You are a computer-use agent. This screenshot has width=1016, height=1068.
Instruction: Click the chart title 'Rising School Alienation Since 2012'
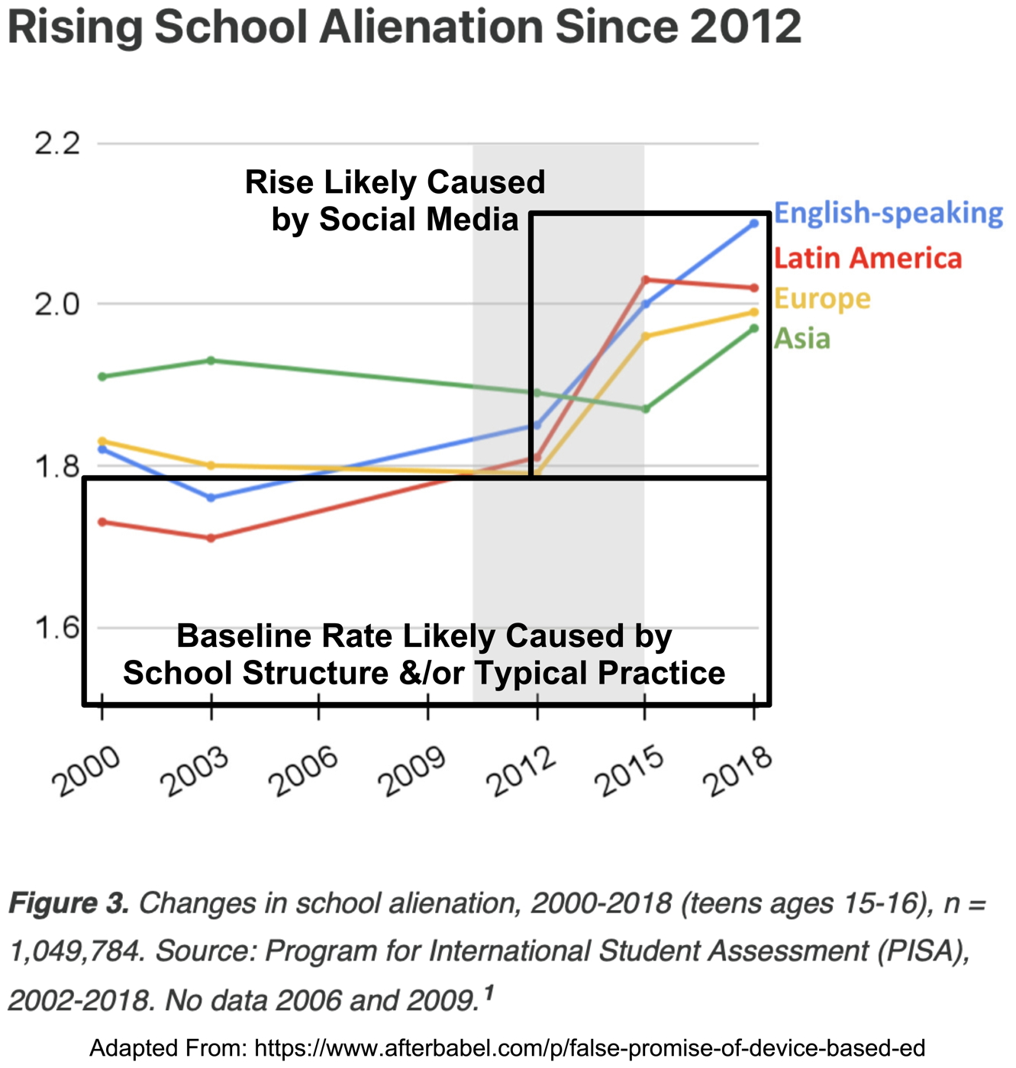pyautogui.click(x=405, y=27)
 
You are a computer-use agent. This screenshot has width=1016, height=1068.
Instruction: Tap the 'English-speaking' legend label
pyautogui.click(x=888, y=213)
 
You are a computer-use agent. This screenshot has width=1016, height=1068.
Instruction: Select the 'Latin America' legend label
pyautogui.click(x=867, y=258)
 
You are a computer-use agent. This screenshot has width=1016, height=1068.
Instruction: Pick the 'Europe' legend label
pyautogui.click(x=821, y=298)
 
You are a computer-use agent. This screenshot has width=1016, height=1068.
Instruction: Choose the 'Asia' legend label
pyautogui.click(x=802, y=338)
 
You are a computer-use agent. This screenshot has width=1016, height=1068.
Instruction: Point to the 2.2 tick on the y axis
pyautogui.click(x=58, y=143)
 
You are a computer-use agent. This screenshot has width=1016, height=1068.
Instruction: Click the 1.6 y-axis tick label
pyautogui.click(x=58, y=628)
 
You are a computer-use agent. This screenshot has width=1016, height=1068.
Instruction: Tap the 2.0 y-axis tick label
pyautogui.click(x=58, y=304)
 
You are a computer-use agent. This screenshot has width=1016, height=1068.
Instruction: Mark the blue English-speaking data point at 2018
pyautogui.click(x=754, y=224)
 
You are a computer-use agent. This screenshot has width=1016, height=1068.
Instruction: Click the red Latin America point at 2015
pyautogui.click(x=645, y=280)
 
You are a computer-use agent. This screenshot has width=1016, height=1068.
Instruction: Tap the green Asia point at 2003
pyautogui.click(x=211, y=360)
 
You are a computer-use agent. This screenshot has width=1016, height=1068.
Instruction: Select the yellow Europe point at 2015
pyautogui.click(x=645, y=336)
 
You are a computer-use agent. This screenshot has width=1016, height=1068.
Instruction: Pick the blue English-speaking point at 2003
pyautogui.click(x=211, y=497)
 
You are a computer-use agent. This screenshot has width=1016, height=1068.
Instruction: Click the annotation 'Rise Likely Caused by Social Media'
pyautogui.click(x=395, y=201)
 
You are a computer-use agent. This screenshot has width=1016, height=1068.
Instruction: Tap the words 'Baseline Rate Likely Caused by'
pyautogui.click(x=424, y=636)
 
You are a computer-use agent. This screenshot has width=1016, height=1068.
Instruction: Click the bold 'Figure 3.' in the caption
pyautogui.click(x=69, y=903)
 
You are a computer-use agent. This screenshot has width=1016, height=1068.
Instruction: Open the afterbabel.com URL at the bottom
pyautogui.click(x=589, y=1048)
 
